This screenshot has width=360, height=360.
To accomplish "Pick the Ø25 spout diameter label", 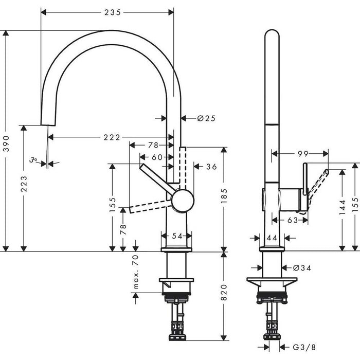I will point(206,118).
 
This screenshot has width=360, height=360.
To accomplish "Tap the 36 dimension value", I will point(211,166).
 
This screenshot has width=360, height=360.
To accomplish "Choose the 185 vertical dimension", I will point(224,196).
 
